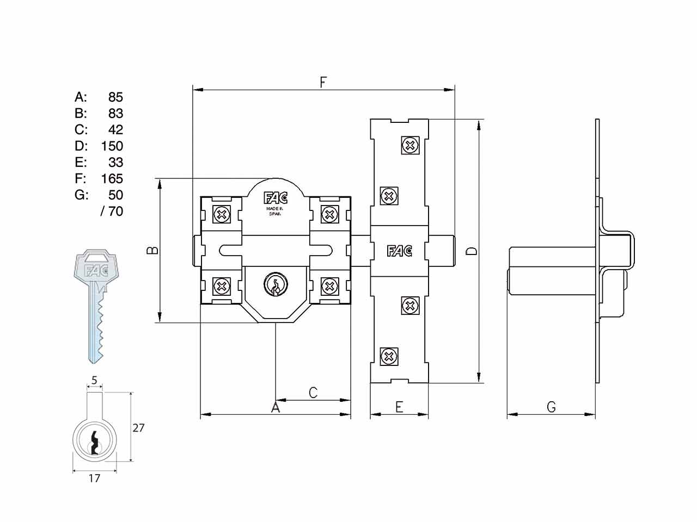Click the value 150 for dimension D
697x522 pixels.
pos(112,146)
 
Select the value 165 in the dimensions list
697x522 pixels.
pos(112,179)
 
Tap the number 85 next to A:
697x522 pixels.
pos(115,97)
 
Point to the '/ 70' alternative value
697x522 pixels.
pos(112,212)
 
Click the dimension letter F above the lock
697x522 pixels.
pos(323,83)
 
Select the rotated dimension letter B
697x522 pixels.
pos(152,250)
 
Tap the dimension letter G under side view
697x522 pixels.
pos(551,407)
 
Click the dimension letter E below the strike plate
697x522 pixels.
pos(399,407)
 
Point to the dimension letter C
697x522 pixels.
pos(313,393)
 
